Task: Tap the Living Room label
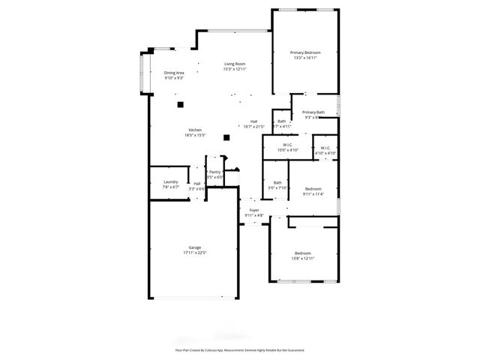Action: [235, 64]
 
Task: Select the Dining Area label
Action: [174, 73]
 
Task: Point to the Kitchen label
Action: [195, 130]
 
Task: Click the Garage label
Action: [194, 247]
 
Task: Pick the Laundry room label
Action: [170, 181]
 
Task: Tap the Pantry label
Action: [215, 172]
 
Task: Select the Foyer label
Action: [254, 210]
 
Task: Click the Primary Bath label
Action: [313, 112]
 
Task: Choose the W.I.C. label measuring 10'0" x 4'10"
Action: [287, 145]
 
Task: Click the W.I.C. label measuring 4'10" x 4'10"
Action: [325, 148]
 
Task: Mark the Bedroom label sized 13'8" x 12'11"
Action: [304, 253]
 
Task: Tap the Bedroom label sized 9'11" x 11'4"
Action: [313, 188]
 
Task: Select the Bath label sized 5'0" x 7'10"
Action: [277, 182]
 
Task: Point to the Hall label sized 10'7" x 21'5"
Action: [254, 121]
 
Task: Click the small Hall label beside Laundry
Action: [196, 183]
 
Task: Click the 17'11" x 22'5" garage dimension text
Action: [194, 253]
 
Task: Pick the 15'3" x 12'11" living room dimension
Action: [235, 69]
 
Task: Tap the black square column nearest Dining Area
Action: [181, 105]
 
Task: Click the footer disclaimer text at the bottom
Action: [240, 349]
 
